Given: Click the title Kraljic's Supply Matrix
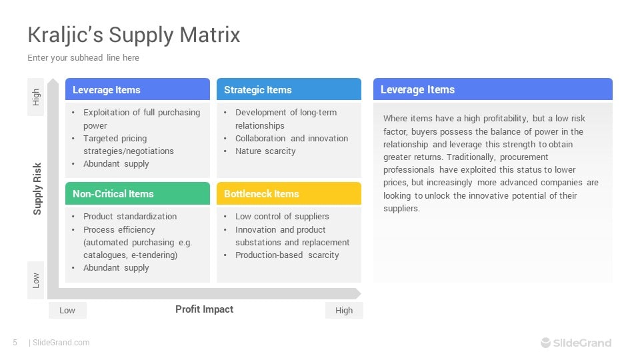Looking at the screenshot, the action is point(134,35).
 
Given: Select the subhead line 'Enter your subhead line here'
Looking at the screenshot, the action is point(83,58).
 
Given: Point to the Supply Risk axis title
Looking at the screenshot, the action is point(37,189).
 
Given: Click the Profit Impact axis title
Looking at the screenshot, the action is point(205,309).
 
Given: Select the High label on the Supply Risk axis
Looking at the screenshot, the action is point(36,97).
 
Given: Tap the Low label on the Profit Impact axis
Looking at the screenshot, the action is point(67,311).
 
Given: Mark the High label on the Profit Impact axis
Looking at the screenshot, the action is point(344,311).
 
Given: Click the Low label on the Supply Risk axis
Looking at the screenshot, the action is point(36,281).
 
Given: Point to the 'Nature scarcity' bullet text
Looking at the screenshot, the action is point(265,151).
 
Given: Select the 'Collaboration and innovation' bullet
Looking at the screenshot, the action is point(291,139).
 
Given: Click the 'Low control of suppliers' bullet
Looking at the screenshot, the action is point(282,216).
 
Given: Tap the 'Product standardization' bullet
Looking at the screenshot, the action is point(130,216).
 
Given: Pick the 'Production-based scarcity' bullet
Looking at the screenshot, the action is point(287,255).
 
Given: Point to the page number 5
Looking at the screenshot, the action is point(15,343).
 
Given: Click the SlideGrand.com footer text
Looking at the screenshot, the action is point(61,343).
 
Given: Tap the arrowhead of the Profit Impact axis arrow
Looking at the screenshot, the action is point(358,293).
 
